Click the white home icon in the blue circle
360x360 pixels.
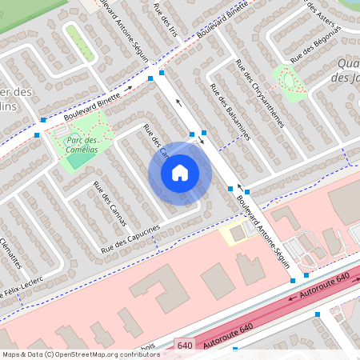pyautogui.click(x=180, y=172)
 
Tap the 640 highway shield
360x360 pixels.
pyautogui.click(x=185, y=345)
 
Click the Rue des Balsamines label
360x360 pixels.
pyautogui.click(x=230, y=111)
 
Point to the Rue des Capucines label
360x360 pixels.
pyautogui.click(x=130, y=239)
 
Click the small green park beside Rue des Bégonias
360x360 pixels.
pyautogui.click(x=289, y=79)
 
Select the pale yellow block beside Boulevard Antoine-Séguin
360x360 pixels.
pyautogui.click(x=233, y=234)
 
